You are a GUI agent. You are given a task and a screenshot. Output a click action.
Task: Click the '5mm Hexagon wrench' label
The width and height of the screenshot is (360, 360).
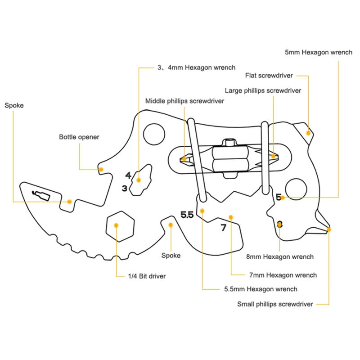319,52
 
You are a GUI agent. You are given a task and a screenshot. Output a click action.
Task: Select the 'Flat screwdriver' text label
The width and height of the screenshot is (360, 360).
269,76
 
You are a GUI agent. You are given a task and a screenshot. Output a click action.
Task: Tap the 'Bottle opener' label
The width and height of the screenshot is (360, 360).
79,137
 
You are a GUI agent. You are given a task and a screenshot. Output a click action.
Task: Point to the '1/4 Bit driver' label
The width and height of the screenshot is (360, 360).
147,276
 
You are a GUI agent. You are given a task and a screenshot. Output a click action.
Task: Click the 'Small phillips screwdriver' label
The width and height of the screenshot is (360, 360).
275,304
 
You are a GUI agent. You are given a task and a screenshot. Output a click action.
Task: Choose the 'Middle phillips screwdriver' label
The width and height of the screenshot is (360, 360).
184,101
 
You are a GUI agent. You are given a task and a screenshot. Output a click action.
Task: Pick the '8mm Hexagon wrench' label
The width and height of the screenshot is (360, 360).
280,256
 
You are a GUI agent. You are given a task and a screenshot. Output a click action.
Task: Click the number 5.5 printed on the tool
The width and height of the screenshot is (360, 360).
187,215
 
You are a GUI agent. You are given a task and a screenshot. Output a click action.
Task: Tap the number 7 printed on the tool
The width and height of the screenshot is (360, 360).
223,228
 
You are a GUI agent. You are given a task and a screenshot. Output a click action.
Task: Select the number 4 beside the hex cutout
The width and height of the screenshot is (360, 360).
128,175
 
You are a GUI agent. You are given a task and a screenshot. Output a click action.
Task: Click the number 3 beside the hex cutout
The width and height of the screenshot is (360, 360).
125,189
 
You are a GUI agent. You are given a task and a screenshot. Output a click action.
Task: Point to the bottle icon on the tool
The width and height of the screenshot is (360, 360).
41,195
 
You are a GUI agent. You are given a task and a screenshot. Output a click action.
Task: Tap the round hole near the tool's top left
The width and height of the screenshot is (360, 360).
154,134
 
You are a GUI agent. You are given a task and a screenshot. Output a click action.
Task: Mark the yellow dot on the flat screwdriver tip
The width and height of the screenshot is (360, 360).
308,133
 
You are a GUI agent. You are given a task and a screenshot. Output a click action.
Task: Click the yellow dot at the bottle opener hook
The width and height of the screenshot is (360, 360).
101,170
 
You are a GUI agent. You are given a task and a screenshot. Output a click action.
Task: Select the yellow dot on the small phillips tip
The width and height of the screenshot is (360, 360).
329,229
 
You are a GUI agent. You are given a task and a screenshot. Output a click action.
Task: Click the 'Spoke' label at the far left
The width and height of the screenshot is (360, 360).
14,106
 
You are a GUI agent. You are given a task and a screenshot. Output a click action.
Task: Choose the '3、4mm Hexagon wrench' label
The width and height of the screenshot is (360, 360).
196,67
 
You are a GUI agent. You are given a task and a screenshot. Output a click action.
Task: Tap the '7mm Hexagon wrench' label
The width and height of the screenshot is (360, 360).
283,275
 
